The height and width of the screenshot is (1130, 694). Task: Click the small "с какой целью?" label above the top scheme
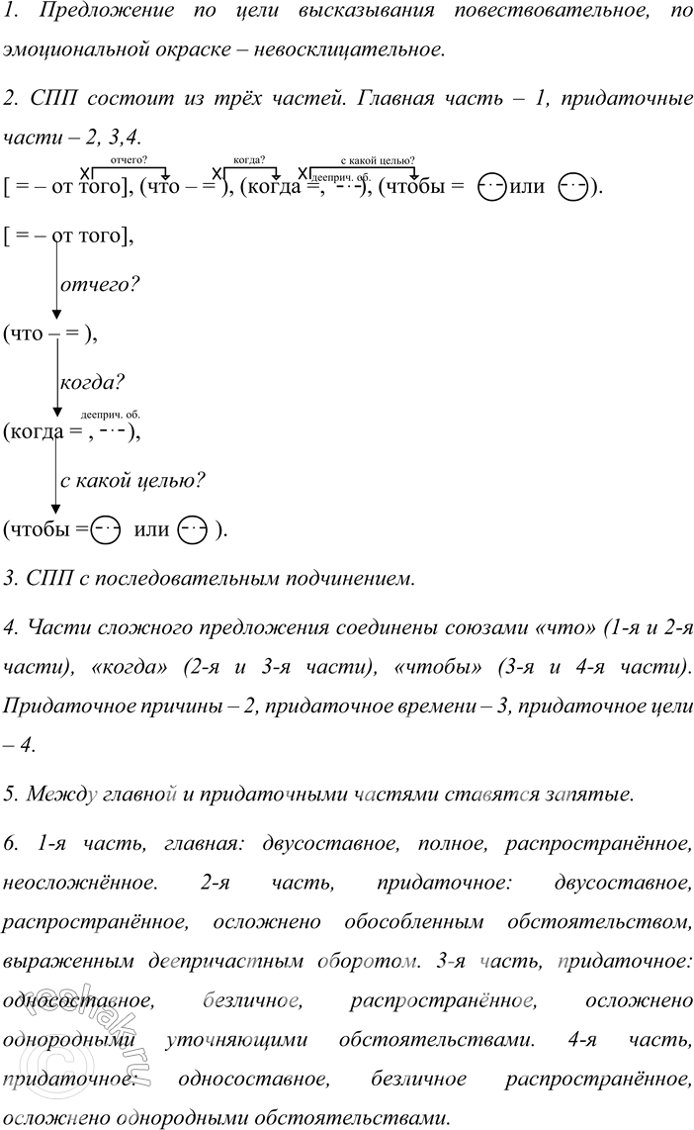(377, 160)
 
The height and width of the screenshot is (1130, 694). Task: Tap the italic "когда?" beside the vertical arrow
(92, 383)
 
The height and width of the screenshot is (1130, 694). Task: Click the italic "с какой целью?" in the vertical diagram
(132, 481)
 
